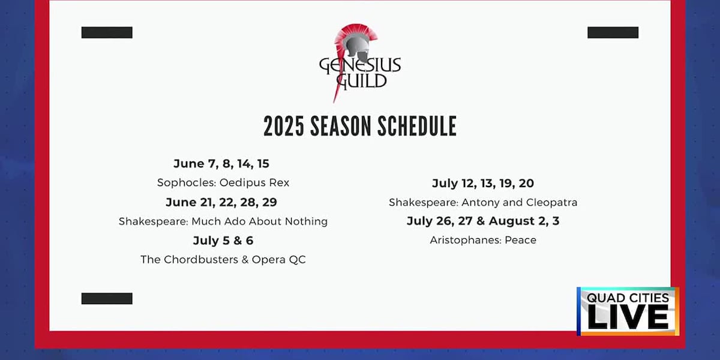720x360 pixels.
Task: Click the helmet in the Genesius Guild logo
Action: pyautogui.click(x=356, y=45)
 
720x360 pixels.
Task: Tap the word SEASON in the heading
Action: pyautogui.click(x=341, y=127)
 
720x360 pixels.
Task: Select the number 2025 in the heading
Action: pyautogui.click(x=283, y=127)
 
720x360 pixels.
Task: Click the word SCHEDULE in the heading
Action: pyautogui.click(x=417, y=127)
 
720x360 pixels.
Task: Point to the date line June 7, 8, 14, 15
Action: pyautogui.click(x=221, y=164)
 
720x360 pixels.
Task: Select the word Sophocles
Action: pyautogui.click(x=187, y=182)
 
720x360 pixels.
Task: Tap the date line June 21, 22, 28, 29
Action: pyautogui.click(x=221, y=202)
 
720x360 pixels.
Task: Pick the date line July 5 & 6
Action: pyautogui.click(x=223, y=241)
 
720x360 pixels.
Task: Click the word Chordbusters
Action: pyautogui.click(x=201, y=260)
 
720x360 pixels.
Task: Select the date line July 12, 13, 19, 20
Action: pyautogui.click(x=483, y=183)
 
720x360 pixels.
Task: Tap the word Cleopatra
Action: pyautogui.click(x=551, y=203)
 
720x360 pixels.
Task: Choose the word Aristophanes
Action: pyautogui.click(x=466, y=240)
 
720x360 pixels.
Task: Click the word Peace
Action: pyautogui.click(x=520, y=240)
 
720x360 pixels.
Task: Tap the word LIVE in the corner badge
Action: pyautogui.click(x=628, y=317)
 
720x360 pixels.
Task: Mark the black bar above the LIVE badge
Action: pyautogui.click(x=613, y=32)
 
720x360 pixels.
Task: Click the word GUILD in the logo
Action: pyautogui.click(x=361, y=81)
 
